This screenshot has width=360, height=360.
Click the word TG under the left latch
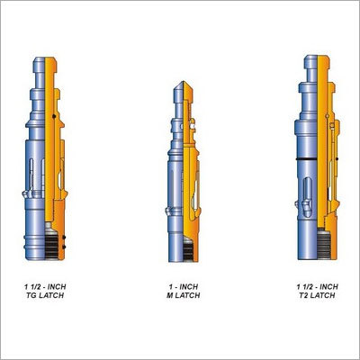pyautogui.click(x=31, y=295)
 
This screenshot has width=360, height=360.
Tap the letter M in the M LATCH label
pyautogui.click(x=170, y=295)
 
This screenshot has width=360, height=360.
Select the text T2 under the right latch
pyautogui.click(x=303, y=295)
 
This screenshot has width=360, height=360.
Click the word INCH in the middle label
pyautogui.click(x=189, y=287)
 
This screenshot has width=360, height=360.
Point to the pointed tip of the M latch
pyautogui.click(x=181, y=82)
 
